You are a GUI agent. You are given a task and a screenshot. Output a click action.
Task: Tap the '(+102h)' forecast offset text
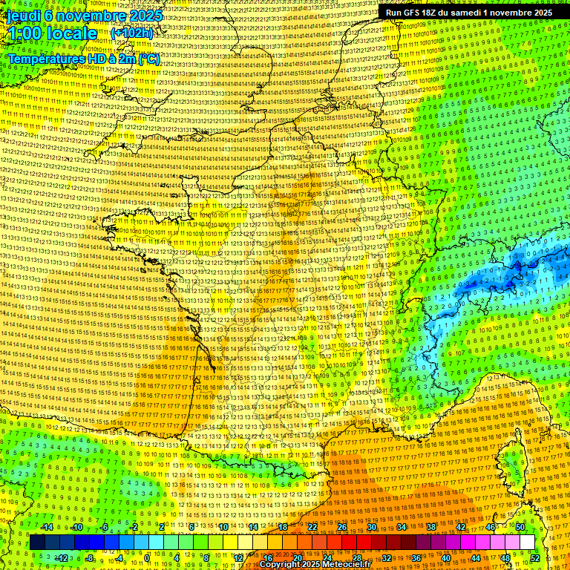click(131, 33)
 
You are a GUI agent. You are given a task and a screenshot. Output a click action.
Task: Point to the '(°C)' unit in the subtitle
click(148, 59)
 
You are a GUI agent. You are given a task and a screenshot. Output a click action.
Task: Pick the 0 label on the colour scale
click(148, 558)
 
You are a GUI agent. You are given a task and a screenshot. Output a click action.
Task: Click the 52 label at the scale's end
click(535, 558)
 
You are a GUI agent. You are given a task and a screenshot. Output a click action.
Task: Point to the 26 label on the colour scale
click(341, 527)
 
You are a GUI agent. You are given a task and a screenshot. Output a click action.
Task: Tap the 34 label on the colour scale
click(401, 527)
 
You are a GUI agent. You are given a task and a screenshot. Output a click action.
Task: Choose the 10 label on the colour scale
click(222, 527)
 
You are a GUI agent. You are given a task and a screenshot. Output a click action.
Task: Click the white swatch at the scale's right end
click(527, 542)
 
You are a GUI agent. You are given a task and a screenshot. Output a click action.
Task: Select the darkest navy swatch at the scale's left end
click(37, 542)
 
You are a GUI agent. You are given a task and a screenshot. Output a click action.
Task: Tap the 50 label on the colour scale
click(520, 527)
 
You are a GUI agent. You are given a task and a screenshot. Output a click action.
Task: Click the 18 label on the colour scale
click(282, 527)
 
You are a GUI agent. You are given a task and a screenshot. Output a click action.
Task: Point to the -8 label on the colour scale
click(89, 558)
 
